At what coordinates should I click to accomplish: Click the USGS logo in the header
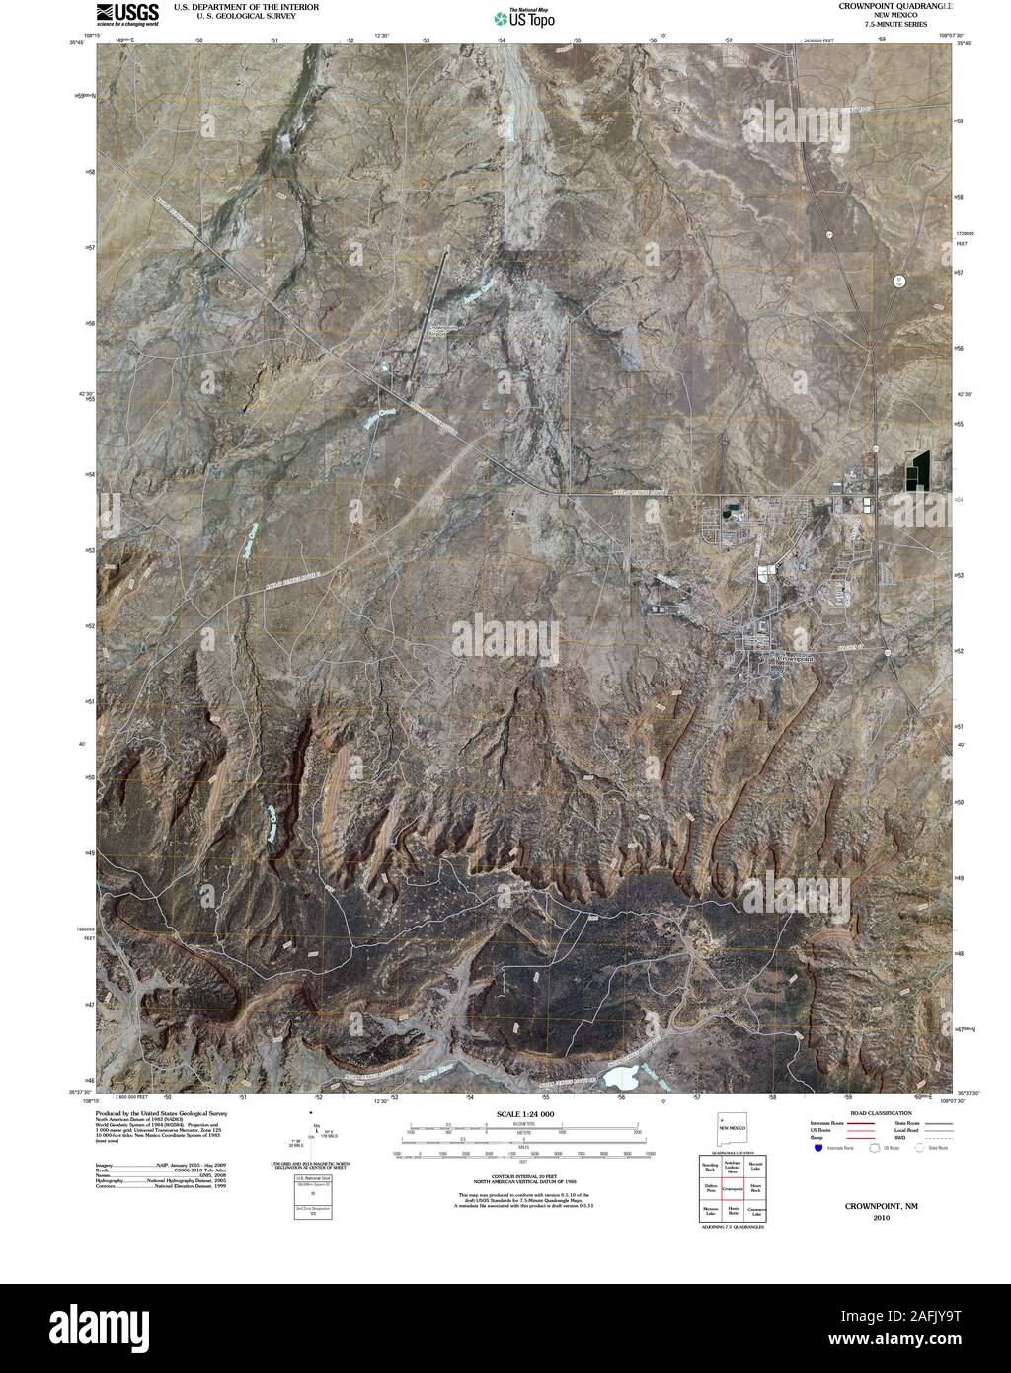(127, 13)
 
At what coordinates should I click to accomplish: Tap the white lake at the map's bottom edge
(620, 1077)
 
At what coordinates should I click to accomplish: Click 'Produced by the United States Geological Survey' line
(161, 1112)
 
